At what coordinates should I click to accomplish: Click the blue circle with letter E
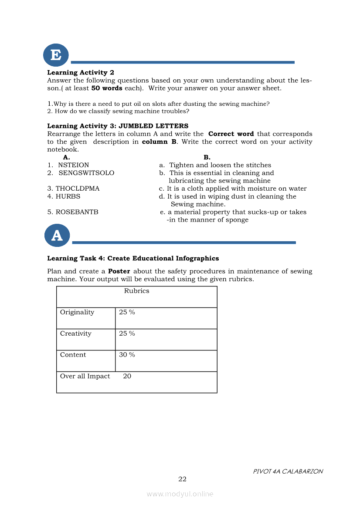[56, 55]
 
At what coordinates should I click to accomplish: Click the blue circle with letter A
[57, 236]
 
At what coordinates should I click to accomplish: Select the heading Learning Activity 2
[81, 73]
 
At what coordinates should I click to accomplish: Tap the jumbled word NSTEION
[73, 165]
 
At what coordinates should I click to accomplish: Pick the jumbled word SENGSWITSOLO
[86, 173]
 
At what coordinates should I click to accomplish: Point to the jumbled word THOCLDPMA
[78, 189]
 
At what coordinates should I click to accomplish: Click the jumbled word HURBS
[68, 196]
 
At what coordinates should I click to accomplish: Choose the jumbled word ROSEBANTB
[77, 212]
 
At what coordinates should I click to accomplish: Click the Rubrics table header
[136, 291]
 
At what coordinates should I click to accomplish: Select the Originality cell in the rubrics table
[77, 312]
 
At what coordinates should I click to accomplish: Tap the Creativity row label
[76, 334]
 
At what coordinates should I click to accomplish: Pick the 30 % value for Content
[127, 355]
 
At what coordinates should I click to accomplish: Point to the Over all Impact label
[85, 376]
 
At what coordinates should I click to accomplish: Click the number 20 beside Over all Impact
[127, 376]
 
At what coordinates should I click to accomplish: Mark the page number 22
[182, 479]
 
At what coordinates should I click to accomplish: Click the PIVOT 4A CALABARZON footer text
[288, 472]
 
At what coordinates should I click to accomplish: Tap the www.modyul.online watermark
[180, 494]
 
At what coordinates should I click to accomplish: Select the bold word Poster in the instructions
[119, 271]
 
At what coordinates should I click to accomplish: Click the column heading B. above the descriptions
[207, 157]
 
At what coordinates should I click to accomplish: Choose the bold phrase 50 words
[106, 88]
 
